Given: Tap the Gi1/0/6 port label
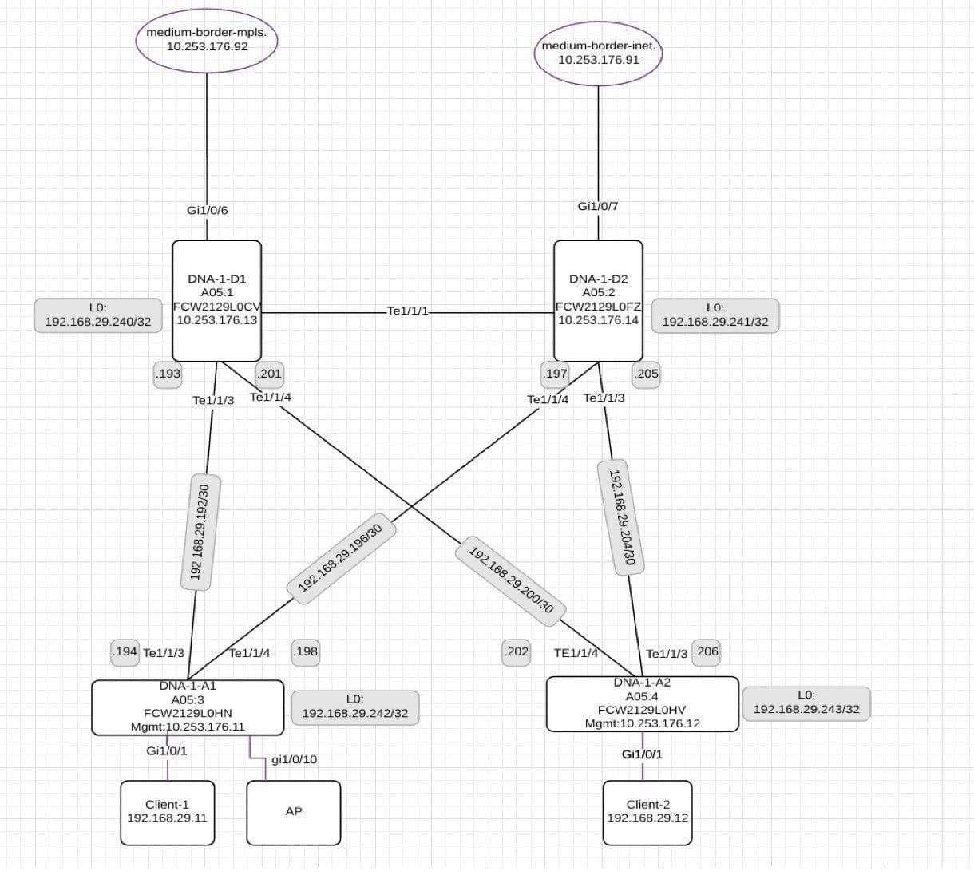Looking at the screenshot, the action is (x=208, y=210).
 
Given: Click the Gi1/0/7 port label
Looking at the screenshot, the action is (x=598, y=206).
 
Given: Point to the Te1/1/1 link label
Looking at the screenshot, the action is (x=407, y=311).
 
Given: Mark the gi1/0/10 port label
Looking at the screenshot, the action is (x=295, y=759).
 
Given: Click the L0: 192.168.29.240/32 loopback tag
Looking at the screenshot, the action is (x=98, y=315).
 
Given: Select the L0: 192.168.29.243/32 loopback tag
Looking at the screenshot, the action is (x=806, y=703).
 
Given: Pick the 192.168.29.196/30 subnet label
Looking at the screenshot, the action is (x=342, y=558).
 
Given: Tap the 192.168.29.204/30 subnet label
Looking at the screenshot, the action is (x=621, y=517).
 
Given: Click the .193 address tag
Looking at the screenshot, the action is (x=168, y=374).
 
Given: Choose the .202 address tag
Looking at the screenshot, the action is (x=516, y=652).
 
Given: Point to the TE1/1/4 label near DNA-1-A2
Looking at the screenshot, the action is (x=576, y=653).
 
